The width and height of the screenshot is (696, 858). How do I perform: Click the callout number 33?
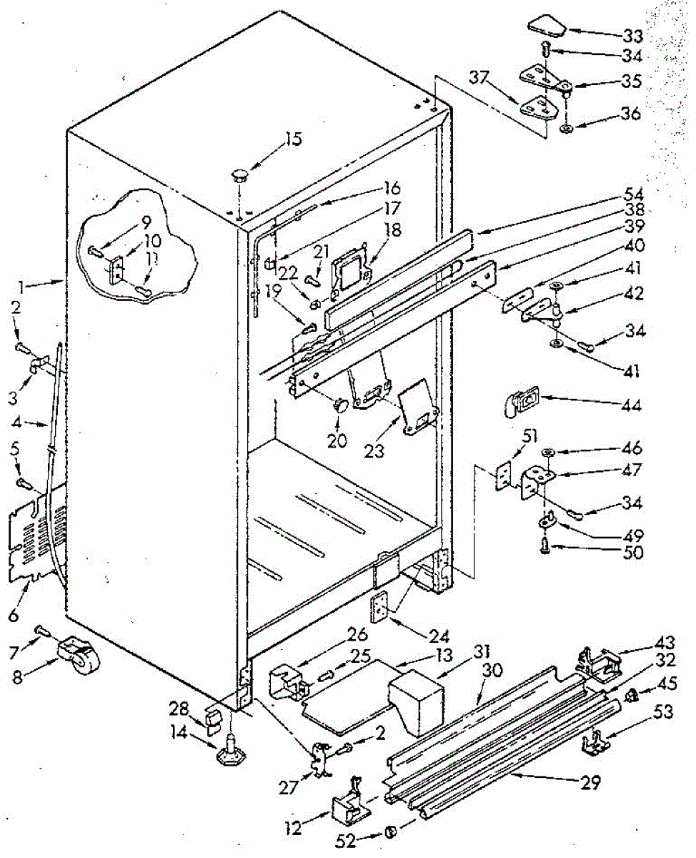[631, 35]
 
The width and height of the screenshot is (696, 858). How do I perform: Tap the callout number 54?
[632, 194]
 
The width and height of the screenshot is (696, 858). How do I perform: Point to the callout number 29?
[590, 783]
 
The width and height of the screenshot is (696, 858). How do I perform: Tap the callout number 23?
[374, 452]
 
